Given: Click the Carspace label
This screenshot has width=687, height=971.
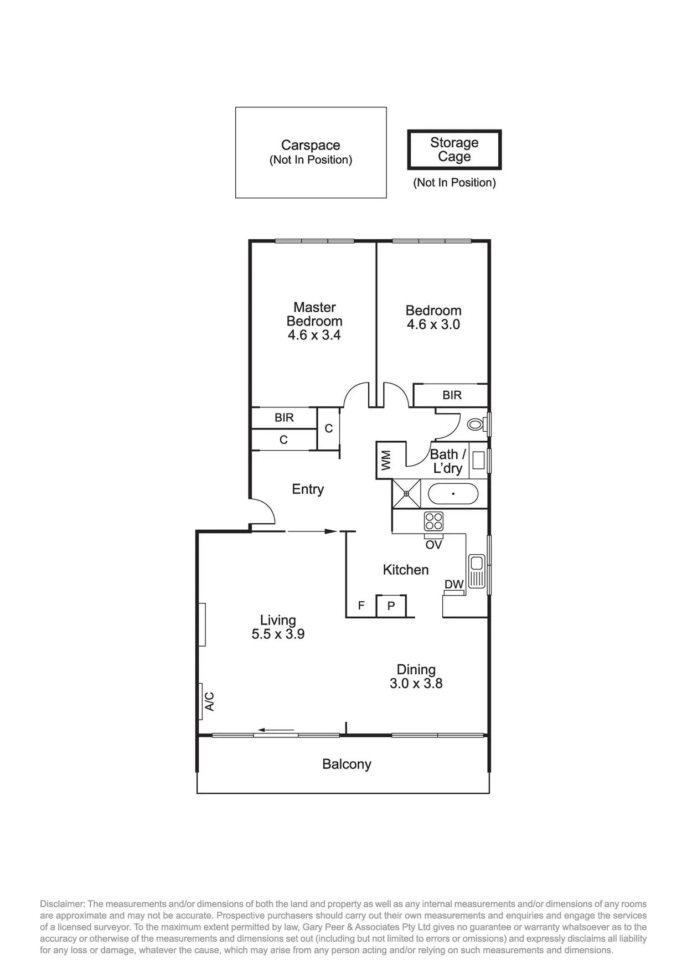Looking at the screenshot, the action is point(311,146).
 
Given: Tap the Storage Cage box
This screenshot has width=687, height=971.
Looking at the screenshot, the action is point(454,149).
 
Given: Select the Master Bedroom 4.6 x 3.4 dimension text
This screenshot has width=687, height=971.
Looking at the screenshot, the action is point(314,335).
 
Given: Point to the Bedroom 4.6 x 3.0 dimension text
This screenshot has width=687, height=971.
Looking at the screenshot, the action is point(433,324).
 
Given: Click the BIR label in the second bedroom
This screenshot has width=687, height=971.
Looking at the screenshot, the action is point(452,395).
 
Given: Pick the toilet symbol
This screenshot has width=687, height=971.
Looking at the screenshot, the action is point(476,425).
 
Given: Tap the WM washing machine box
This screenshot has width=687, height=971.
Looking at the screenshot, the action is point(386,460).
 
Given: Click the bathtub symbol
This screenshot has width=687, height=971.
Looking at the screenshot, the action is point(453,494).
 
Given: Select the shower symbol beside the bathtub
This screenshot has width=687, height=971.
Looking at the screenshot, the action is point(406,494).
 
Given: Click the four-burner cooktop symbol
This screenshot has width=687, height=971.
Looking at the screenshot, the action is point(433,521).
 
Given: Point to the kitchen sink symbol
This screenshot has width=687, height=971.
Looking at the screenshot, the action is point(476,571).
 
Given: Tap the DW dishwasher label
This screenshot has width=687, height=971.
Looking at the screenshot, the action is point(454,584).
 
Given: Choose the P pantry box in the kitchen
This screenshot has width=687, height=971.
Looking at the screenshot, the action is point(391,606).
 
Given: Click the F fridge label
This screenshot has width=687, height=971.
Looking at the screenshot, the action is point(361,606).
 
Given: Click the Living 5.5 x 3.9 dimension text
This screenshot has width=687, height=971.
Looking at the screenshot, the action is point(278,634).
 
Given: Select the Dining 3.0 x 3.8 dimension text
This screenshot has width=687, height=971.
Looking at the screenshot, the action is point(416,684).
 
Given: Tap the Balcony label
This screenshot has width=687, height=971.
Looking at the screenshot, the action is point(347,764).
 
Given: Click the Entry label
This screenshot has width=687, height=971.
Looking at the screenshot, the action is point(308,489).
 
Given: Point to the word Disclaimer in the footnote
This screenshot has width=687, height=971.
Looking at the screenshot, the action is point(62,904).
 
